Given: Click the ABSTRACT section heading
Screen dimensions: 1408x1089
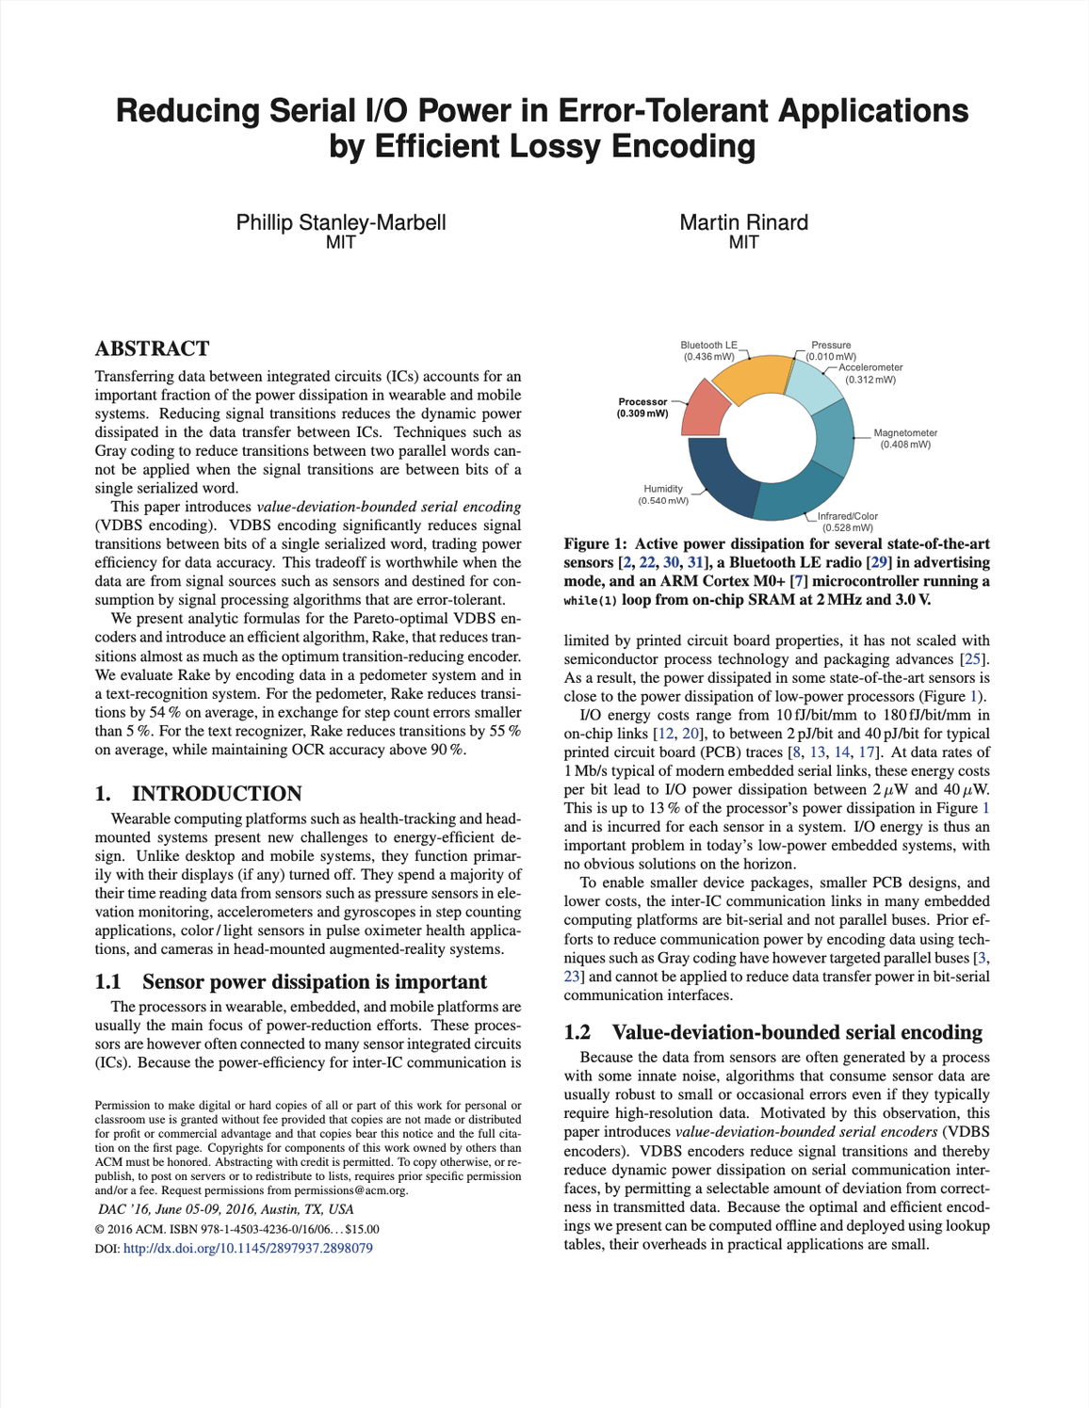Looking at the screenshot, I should [x=152, y=348].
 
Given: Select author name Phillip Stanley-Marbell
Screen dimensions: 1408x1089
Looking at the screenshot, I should [x=340, y=222].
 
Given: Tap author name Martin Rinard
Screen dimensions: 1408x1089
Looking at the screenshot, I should [x=743, y=222].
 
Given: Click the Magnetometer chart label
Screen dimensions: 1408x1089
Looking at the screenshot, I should [x=904, y=433].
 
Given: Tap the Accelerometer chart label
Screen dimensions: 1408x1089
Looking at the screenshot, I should [x=870, y=367].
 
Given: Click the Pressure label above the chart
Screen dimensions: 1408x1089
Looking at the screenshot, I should [x=831, y=346].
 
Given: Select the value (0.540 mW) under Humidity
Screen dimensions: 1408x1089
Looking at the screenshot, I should [x=662, y=500].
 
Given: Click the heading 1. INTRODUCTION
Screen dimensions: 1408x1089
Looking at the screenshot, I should [x=198, y=793].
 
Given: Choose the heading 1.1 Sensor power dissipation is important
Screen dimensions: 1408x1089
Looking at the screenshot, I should [x=291, y=981].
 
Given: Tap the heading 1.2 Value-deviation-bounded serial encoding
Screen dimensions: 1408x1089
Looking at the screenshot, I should [x=772, y=1032].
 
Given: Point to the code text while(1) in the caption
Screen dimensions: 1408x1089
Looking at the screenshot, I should [x=590, y=601].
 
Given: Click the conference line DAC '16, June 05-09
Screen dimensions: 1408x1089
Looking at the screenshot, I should [x=226, y=1209].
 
